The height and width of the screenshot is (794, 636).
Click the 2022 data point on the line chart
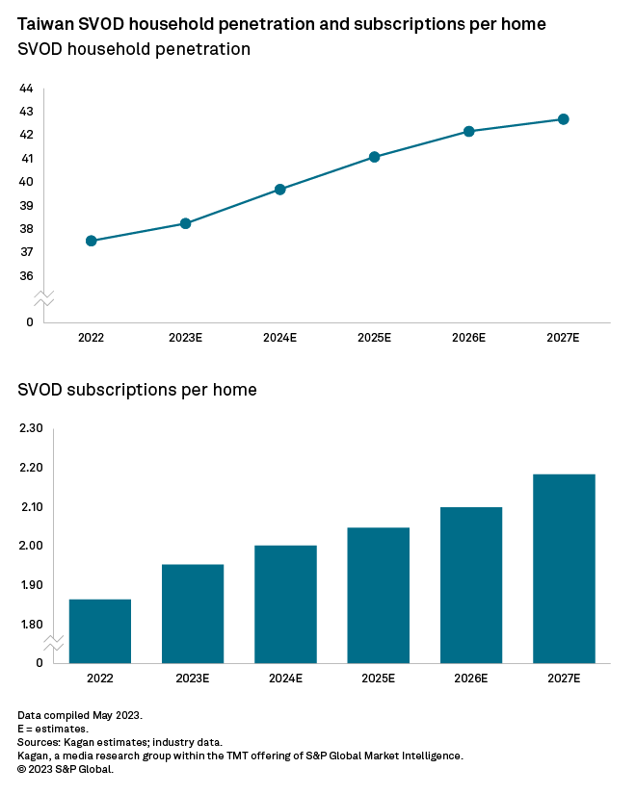pos(92,241)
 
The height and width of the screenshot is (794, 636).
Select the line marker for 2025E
pos(375,157)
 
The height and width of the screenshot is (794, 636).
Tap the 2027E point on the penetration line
pos(564,119)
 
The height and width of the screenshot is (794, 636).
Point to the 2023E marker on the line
pos(185,223)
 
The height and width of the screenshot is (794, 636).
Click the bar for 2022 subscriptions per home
pos(100,630)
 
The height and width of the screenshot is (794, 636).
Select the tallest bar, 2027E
pos(564,568)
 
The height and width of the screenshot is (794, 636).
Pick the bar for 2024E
pos(286,603)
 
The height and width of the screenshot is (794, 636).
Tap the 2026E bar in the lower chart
pos(471,584)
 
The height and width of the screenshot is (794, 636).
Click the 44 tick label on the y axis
pos(26,89)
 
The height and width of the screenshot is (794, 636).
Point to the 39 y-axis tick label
pos(26,206)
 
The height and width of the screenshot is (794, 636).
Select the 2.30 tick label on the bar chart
pos(31,428)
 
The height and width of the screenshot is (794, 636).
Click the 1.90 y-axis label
pos(31,585)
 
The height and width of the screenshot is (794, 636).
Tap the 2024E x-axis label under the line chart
pos(280,339)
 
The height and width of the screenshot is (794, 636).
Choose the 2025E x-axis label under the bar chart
pos(379,679)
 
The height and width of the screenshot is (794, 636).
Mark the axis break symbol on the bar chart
pos(54,643)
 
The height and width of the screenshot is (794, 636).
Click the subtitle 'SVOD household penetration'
pos(134,50)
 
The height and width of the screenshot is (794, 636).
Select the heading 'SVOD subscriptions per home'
pos(137,390)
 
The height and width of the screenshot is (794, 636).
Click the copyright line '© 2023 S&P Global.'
pos(66,769)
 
